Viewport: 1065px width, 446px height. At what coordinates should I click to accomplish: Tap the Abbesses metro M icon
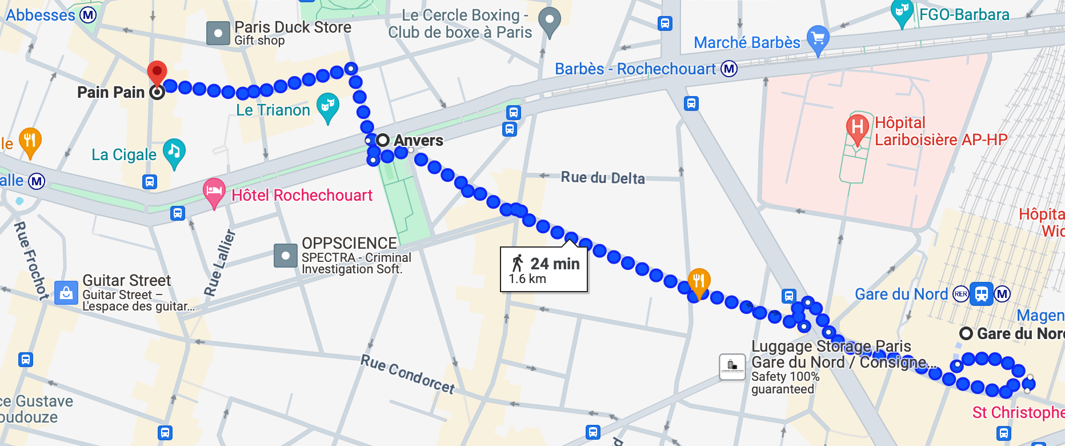click(88, 15)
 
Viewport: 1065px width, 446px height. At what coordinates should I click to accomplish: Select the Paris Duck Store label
click(293, 27)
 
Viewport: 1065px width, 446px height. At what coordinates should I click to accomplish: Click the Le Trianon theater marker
click(327, 106)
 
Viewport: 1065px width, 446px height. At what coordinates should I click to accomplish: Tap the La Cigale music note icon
click(174, 152)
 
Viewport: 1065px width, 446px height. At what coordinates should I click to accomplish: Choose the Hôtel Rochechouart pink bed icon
click(214, 192)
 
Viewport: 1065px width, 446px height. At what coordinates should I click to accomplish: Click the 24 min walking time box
click(544, 269)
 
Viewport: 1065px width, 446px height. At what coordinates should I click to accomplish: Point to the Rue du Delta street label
click(603, 178)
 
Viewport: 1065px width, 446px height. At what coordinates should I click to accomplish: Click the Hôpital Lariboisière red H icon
click(857, 127)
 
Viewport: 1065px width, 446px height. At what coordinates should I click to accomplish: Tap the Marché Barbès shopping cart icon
click(818, 38)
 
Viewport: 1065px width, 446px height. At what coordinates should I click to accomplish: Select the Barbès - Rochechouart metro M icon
click(729, 69)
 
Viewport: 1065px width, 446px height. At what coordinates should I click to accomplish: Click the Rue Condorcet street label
click(407, 374)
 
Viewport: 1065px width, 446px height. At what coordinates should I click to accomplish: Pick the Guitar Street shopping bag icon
click(66, 293)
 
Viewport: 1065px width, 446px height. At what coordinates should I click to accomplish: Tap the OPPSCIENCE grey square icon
click(285, 256)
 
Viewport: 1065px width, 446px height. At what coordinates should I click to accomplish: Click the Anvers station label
click(418, 141)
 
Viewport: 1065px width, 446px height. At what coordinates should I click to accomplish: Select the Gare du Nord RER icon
click(961, 294)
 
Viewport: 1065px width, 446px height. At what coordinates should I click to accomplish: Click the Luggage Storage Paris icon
click(732, 367)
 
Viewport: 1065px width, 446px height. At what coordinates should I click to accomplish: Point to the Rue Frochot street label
click(31, 260)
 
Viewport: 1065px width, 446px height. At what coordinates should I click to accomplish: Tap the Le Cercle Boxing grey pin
click(550, 20)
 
